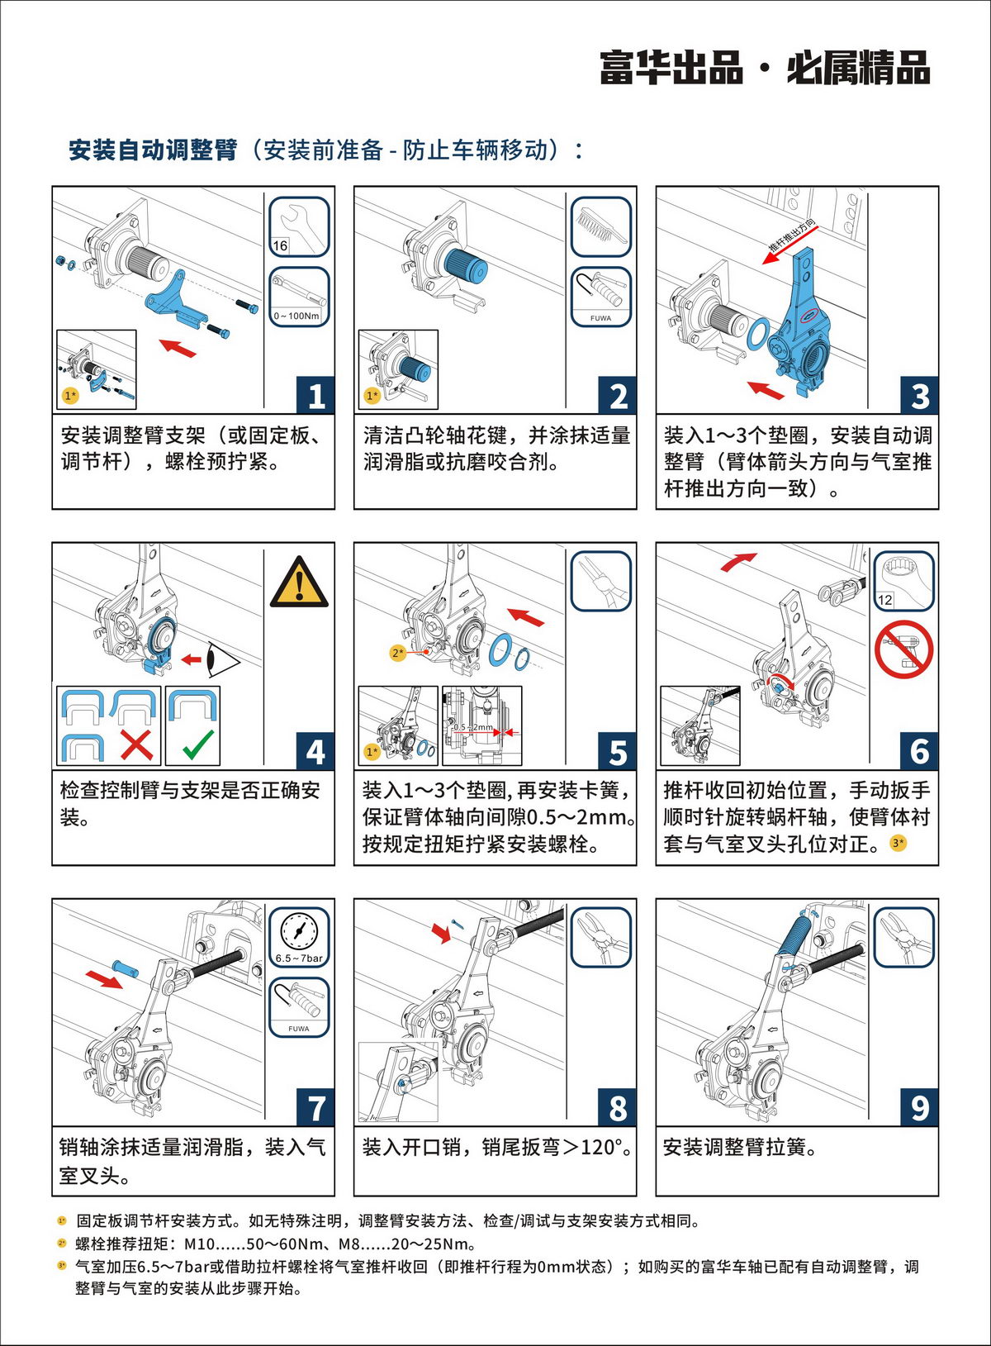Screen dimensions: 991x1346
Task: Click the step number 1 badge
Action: coord(316,396)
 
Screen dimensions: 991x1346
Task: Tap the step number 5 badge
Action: coord(618,752)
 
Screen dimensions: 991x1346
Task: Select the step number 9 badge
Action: coord(919,1107)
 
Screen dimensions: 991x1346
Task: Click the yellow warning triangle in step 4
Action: coord(299,582)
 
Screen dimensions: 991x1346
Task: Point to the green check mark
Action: coord(198,744)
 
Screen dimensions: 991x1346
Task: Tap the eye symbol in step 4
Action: coord(223,659)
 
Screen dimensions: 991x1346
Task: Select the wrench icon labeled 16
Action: coord(299,226)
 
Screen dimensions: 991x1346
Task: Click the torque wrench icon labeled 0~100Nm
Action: coord(299,297)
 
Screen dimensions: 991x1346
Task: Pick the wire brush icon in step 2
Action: coord(600,226)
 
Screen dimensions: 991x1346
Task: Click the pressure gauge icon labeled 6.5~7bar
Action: coord(298,937)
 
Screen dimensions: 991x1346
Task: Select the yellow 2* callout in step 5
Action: coord(398,653)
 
